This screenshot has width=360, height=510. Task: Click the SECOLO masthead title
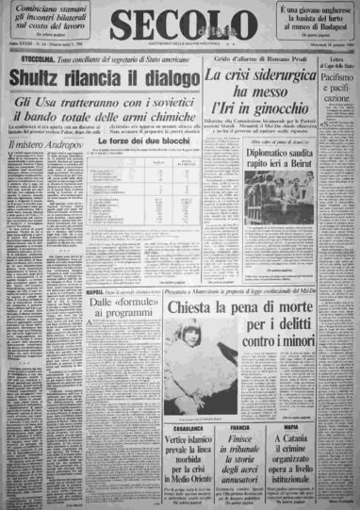[181, 26]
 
